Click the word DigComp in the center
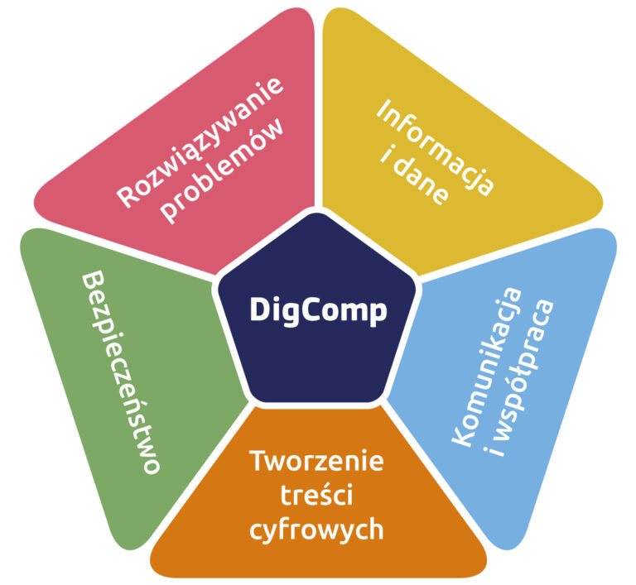318,311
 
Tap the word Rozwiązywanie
200,141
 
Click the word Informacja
436,147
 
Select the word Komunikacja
487,367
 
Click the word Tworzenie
317,461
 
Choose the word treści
317,494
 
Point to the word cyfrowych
317,530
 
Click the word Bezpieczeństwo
121,372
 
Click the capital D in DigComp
259,309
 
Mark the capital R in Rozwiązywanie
127,197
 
